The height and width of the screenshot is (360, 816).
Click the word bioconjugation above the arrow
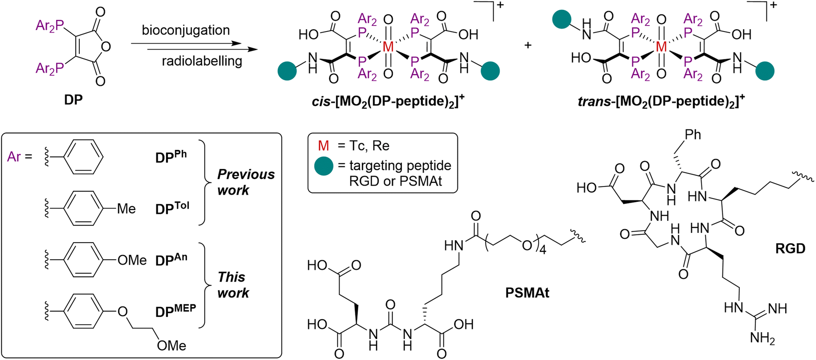(x=186, y=31)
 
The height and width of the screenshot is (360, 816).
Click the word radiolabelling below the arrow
(x=202, y=61)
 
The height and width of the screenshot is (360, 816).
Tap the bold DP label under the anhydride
(x=73, y=100)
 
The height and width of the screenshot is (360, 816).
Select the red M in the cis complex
(x=388, y=47)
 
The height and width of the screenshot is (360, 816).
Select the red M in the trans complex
(x=662, y=47)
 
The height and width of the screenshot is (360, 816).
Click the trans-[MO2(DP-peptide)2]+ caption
(x=661, y=100)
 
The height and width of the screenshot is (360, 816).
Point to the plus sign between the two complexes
(x=527, y=45)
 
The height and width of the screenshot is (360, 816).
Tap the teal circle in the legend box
(x=324, y=166)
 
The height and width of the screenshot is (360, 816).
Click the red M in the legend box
(x=323, y=146)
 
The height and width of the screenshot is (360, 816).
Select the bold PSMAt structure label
(x=527, y=293)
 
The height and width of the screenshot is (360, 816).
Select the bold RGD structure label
(x=790, y=249)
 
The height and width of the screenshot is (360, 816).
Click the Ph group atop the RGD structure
(x=693, y=135)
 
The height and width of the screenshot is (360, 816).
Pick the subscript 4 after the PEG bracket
(x=542, y=250)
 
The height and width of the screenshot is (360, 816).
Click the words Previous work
(x=246, y=182)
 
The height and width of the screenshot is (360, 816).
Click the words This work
(x=233, y=285)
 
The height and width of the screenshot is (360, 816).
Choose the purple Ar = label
(x=20, y=156)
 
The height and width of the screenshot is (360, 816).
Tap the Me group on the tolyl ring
(x=126, y=209)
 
